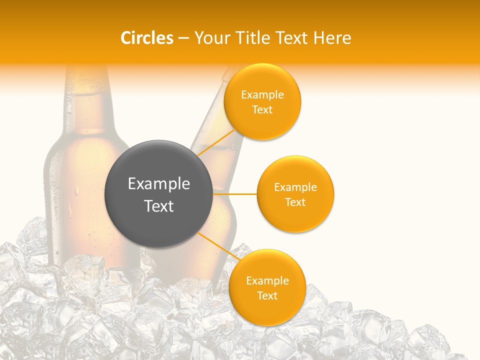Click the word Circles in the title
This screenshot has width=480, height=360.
click(x=147, y=38)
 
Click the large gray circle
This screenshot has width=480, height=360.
click(x=159, y=194)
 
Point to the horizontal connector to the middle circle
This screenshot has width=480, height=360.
click(x=235, y=194)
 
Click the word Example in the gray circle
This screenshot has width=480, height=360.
click(x=159, y=184)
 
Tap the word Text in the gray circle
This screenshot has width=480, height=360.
click(x=159, y=206)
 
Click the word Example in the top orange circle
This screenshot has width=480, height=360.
click(x=262, y=95)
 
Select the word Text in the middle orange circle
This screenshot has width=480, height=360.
click(x=295, y=202)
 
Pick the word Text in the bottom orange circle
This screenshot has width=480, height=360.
click(x=267, y=296)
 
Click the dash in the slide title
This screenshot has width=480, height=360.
click(x=183, y=38)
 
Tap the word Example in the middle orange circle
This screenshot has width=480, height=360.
click(x=295, y=187)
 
